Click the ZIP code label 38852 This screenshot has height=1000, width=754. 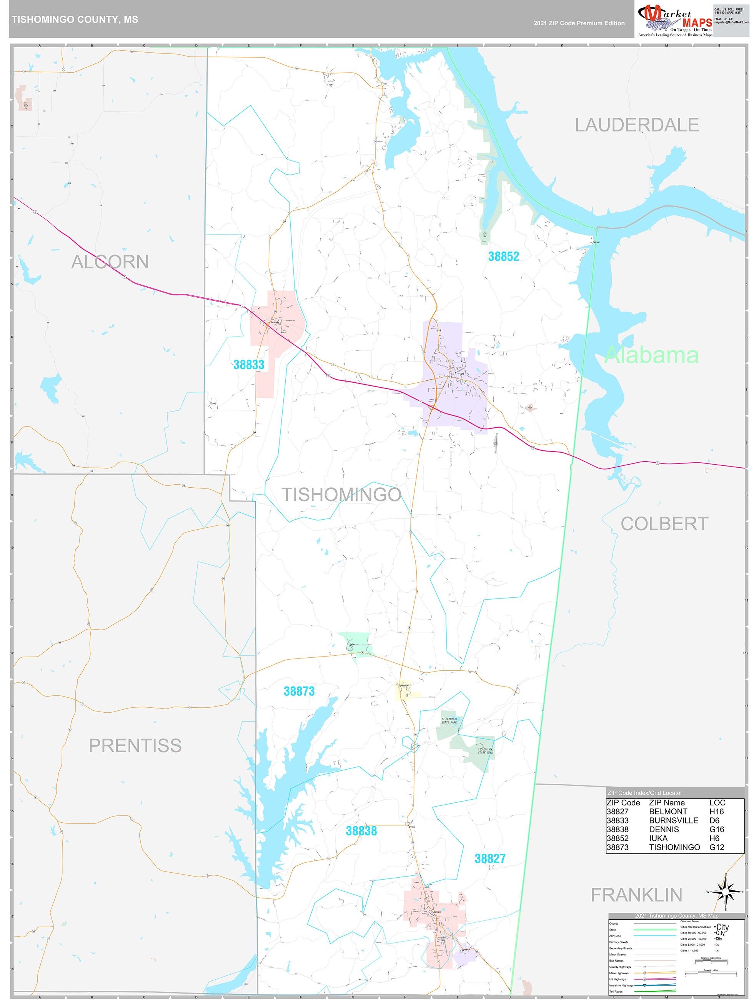pos(503,256)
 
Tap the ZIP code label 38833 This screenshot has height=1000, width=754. pos(249,365)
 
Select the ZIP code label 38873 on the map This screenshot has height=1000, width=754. pos(299,691)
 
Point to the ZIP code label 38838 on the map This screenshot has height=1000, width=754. pos(361,831)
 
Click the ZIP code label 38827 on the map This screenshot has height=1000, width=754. pos(490,859)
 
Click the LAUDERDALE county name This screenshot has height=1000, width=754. pos(636,125)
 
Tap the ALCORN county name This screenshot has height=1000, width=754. pos(110,262)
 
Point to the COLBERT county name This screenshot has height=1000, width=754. pos(664,524)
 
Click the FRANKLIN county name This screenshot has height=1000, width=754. pos(636,895)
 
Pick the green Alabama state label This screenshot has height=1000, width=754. pos(651,355)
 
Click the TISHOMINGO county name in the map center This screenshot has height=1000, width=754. pos(341,495)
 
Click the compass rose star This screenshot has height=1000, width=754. pos(726,892)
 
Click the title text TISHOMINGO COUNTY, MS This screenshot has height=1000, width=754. pos(75,20)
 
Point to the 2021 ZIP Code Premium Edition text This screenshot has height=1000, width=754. pos(579,23)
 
